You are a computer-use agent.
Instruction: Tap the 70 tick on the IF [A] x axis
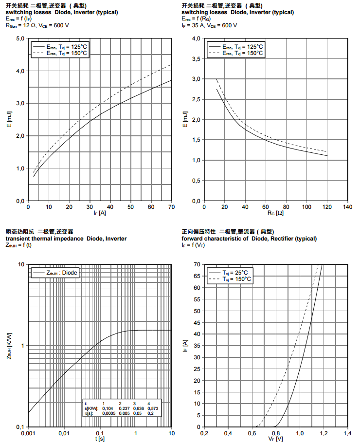coord(171,207)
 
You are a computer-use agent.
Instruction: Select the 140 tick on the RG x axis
coord(347,207)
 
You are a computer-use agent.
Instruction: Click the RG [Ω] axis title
coord(275,213)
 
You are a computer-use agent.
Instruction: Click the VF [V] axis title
coord(275,439)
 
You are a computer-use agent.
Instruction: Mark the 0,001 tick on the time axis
coord(28,433)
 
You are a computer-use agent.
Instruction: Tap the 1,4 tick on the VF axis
coord(347,433)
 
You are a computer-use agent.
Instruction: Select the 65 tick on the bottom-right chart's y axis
coord(197,276)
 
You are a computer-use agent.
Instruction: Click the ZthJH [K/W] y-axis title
coord(9,346)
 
